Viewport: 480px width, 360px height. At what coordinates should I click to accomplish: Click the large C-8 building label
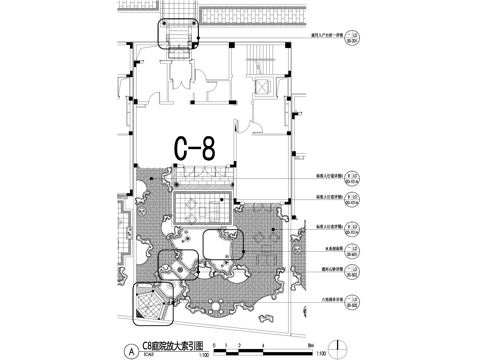(194, 148)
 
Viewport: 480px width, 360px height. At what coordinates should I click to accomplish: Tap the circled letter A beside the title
(129, 350)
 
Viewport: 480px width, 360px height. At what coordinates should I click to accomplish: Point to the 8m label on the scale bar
(299, 346)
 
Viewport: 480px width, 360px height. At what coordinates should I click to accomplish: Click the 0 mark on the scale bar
(227, 346)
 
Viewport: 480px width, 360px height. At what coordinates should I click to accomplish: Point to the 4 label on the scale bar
(263, 346)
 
